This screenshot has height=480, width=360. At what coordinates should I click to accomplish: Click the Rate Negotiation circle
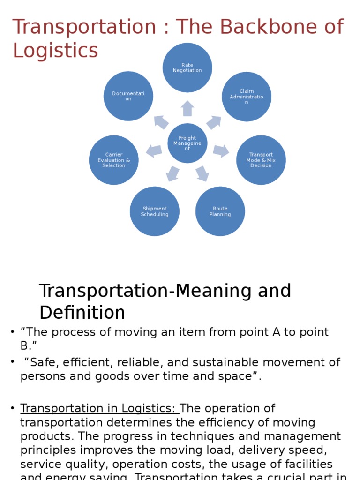(x=187, y=67)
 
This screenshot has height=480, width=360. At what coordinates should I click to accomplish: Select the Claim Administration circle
(x=247, y=96)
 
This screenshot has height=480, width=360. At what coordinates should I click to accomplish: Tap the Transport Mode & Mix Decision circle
(x=261, y=160)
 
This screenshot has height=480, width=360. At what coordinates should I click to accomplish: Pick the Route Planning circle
(x=220, y=211)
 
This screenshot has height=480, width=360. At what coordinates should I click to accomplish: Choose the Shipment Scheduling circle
(x=155, y=211)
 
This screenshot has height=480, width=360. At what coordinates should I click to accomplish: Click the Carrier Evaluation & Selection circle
(x=114, y=160)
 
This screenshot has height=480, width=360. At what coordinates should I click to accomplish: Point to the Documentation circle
(x=128, y=96)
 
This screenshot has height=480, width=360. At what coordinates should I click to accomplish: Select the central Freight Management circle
(x=187, y=143)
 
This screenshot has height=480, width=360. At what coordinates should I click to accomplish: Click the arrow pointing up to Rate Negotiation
(x=187, y=108)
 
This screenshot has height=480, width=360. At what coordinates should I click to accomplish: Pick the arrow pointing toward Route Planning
(x=202, y=173)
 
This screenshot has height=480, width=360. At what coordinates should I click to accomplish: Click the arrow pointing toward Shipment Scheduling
(x=172, y=173)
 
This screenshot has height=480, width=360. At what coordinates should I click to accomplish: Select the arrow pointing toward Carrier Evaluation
(x=154, y=151)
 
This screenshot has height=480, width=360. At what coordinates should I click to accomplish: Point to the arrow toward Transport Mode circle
(x=221, y=151)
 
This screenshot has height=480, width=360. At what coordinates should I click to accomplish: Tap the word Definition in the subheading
(x=82, y=312)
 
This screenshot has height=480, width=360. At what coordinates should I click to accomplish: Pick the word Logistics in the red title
(x=55, y=51)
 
